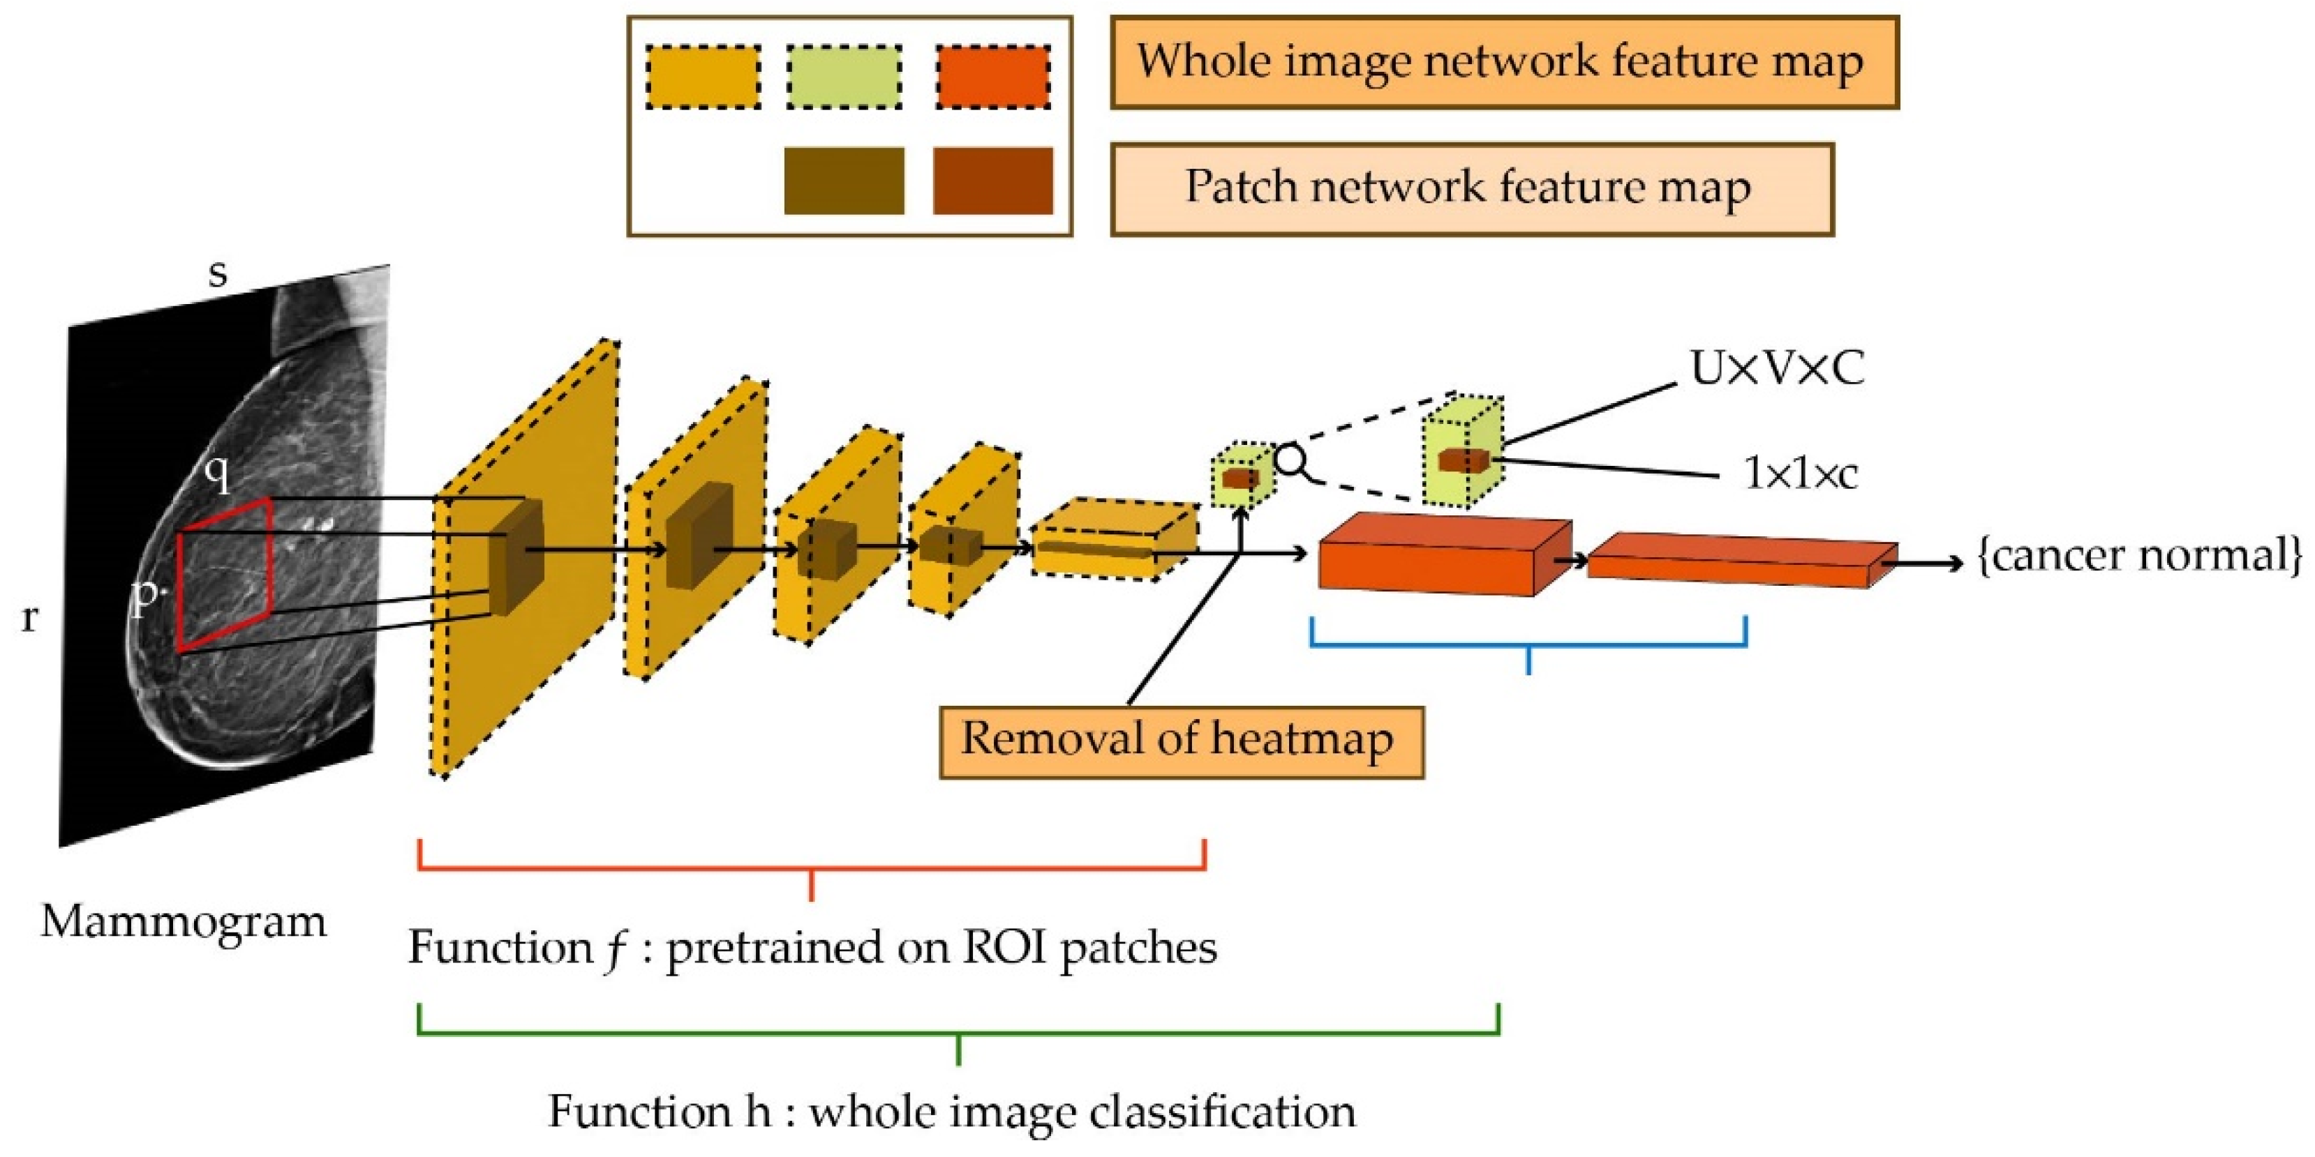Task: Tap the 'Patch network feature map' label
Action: [x=1471, y=188]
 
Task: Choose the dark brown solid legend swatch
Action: [x=844, y=181]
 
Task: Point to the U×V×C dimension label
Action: [x=1778, y=368]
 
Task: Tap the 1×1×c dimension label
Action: [x=1800, y=474]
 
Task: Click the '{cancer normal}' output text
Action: [x=2140, y=556]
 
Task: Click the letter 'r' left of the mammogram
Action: [x=29, y=617]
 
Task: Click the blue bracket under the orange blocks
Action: [x=1528, y=643]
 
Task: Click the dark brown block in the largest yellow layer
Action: [x=516, y=557]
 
